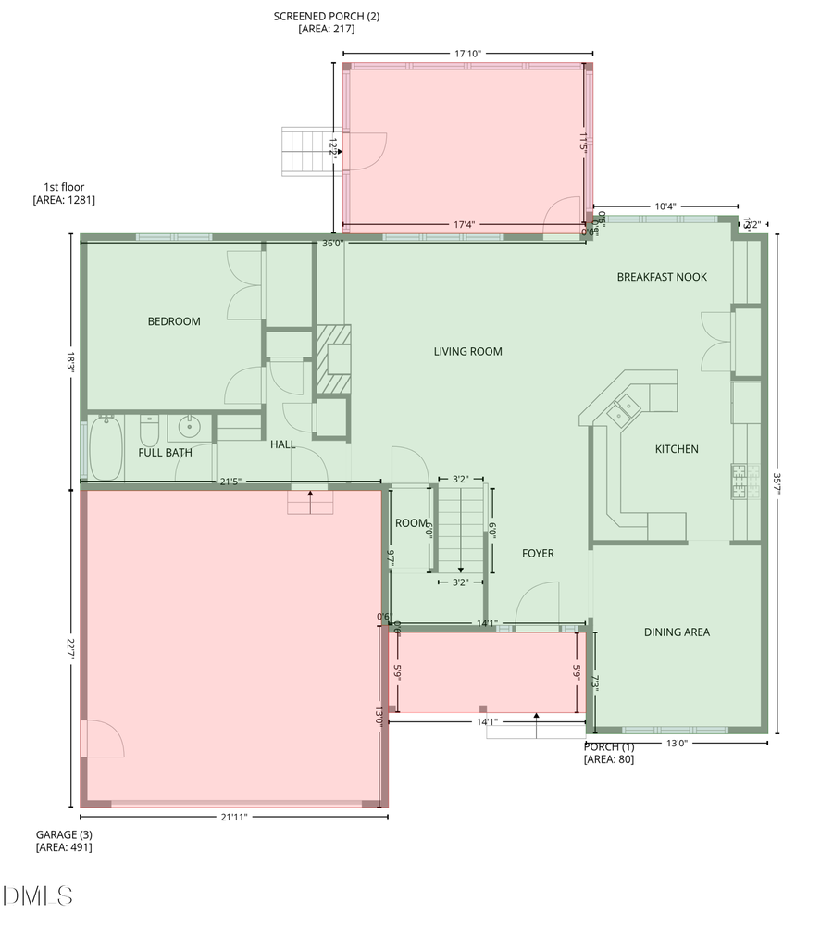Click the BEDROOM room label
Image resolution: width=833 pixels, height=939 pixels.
(174, 321)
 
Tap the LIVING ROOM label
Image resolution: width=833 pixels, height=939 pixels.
(467, 351)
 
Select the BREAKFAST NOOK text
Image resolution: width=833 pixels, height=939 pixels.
(662, 277)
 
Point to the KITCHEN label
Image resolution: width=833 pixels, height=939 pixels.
(677, 449)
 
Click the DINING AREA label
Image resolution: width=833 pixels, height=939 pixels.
(677, 632)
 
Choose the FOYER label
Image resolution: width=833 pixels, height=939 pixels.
(538, 553)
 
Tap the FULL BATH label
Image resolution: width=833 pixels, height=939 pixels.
(165, 453)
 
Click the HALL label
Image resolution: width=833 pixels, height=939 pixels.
(283, 444)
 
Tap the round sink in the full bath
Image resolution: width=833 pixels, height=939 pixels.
(190, 428)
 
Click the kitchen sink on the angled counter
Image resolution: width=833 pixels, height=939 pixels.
(622, 408)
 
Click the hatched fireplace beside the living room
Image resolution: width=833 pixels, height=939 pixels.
(333, 361)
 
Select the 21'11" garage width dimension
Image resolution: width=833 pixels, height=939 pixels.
(234, 817)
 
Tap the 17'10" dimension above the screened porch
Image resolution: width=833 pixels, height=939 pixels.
(467, 53)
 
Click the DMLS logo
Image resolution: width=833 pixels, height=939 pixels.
(37, 895)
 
